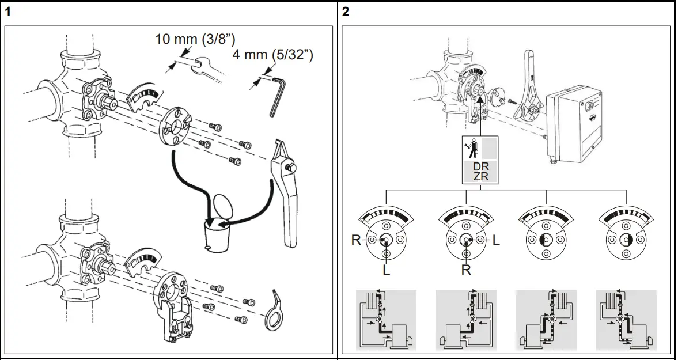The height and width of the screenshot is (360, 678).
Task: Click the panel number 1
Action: (8, 12)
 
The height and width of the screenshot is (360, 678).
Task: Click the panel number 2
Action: (346, 12)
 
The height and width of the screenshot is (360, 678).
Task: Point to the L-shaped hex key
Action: (277, 96)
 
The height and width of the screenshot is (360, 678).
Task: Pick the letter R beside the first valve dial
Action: (356, 240)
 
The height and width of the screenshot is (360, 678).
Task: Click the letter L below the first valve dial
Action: (386, 270)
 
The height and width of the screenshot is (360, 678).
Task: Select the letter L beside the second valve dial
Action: (496, 240)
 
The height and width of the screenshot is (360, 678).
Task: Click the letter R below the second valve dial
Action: (466, 270)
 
